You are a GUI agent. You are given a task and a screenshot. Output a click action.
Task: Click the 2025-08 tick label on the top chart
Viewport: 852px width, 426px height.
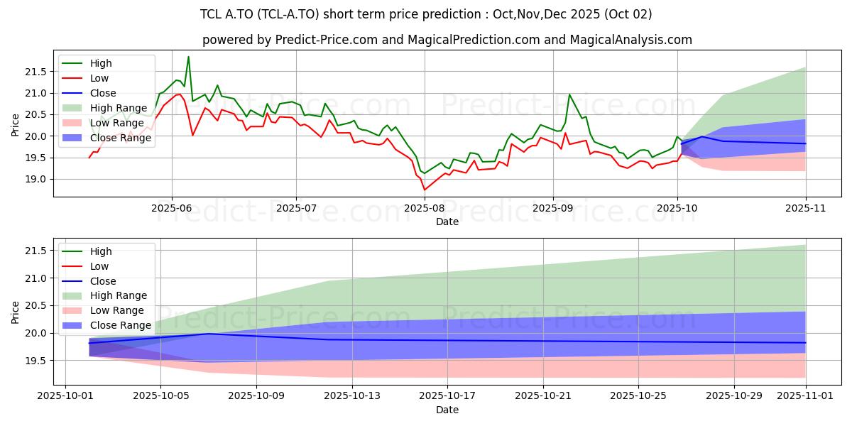[425, 208]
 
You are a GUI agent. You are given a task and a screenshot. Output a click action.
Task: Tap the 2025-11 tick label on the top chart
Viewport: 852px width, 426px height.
[806, 208]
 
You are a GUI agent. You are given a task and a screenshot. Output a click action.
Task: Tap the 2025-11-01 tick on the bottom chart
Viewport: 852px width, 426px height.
[806, 396]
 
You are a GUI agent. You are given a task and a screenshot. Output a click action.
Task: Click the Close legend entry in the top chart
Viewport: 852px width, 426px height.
[104, 93]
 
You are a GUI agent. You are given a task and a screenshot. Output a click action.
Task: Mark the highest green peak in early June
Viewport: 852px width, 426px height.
[188, 57]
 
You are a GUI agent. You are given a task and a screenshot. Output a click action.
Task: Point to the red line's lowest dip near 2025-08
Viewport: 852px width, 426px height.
[425, 190]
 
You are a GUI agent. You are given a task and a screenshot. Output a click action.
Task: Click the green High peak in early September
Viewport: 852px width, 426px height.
[569, 94]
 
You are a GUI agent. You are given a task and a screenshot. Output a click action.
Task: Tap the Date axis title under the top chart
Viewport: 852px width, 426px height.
[447, 222]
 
